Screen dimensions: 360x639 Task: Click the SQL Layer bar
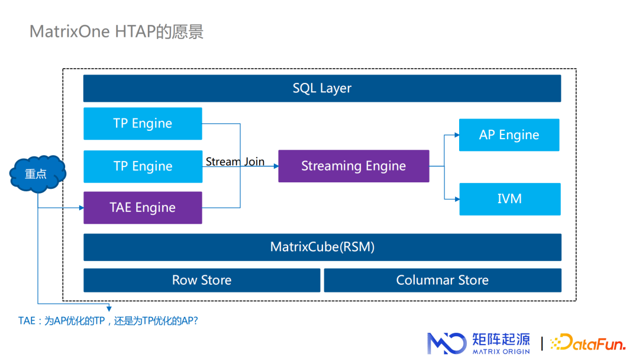click(x=322, y=88)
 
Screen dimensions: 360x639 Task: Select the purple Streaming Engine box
click(x=353, y=166)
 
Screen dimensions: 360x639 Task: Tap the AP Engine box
click(x=509, y=135)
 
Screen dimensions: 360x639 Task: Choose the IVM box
click(x=509, y=199)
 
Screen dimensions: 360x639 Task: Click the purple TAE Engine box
click(x=143, y=208)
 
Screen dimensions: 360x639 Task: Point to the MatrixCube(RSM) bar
click(x=322, y=247)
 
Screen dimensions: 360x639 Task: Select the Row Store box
click(x=201, y=280)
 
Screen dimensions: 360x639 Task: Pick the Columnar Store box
click(x=442, y=280)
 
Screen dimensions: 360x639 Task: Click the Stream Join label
click(x=235, y=162)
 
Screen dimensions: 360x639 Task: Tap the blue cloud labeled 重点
click(x=37, y=174)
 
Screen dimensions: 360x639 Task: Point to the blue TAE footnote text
click(x=108, y=321)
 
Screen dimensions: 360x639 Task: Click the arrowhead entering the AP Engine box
click(x=456, y=135)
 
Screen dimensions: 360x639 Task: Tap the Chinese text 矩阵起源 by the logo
click(x=501, y=339)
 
